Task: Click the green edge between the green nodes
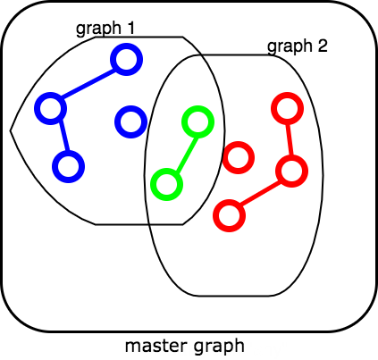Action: tap(187, 155)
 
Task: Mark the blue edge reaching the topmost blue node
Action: tap(88, 84)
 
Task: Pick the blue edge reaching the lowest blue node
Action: tap(64, 136)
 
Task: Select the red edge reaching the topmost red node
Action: tap(290, 139)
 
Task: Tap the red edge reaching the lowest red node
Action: tap(260, 194)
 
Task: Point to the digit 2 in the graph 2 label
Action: tap(322, 46)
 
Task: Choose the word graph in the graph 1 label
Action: tap(98, 29)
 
